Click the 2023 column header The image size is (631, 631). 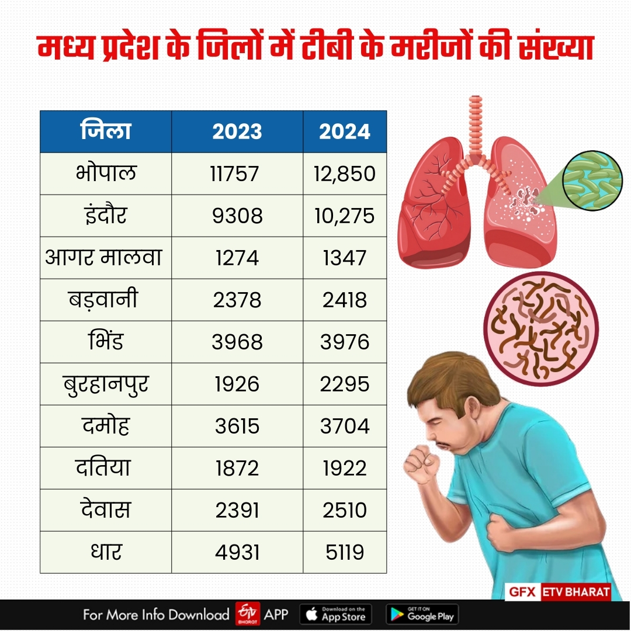[x=237, y=131]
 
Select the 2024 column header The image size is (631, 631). [x=345, y=131]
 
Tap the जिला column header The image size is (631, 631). [x=106, y=131]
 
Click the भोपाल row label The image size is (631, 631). [x=106, y=174]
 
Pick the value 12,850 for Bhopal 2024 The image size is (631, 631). [x=345, y=174]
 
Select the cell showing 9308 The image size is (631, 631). [x=237, y=216]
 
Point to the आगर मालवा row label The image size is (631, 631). [x=106, y=258]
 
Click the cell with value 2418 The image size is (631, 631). [x=345, y=300]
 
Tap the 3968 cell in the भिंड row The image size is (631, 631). [x=237, y=342]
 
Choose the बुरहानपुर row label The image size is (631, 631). [x=106, y=384]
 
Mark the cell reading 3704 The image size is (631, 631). [x=345, y=426]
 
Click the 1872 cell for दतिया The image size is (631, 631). [x=237, y=468]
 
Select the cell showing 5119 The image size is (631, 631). [x=345, y=552]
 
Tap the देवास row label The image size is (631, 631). [x=106, y=510]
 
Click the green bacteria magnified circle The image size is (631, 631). [x=592, y=181]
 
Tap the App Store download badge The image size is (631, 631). [x=335, y=614]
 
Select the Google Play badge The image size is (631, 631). [x=422, y=614]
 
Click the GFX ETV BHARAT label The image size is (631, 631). [x=558, y=591]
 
